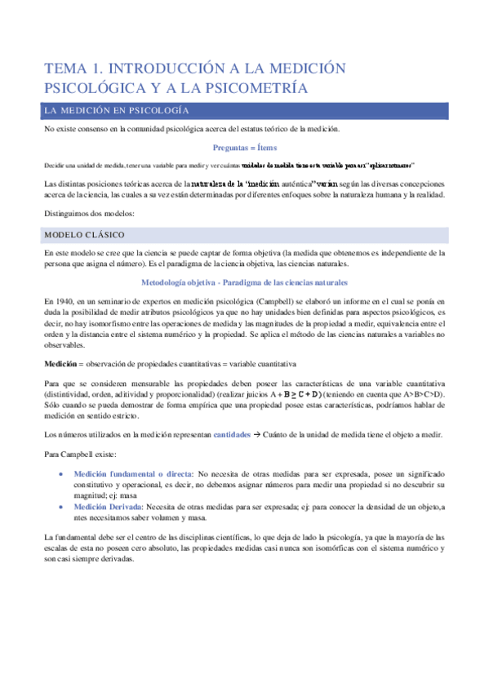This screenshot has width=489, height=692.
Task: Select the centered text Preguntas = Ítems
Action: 244,148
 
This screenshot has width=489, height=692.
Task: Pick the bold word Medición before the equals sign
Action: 62,363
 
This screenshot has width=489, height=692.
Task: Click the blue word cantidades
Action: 238,435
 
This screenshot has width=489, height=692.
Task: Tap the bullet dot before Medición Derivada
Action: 63,506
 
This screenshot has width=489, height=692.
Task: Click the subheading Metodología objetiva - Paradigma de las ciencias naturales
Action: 244,282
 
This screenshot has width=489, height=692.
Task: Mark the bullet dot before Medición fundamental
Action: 63,474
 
